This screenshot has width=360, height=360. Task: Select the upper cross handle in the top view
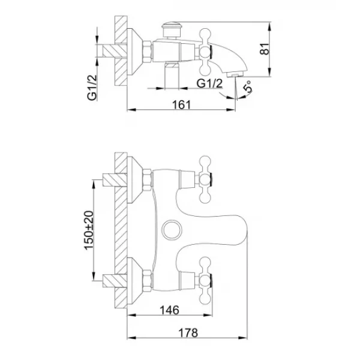pos(206,178)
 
